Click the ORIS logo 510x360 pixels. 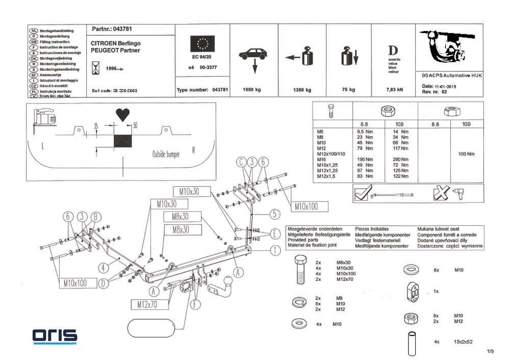(x=55, y=336)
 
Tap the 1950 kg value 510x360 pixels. (x=251, y=90)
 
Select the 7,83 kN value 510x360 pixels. (x=394, y=90)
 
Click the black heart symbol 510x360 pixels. (x=122, y=114)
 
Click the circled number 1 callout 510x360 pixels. (x=275, y=250)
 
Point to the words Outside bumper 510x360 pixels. (x=166, y=155)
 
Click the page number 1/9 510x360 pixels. (x=491, y=351)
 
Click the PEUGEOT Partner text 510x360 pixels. (x=115, y=50)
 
